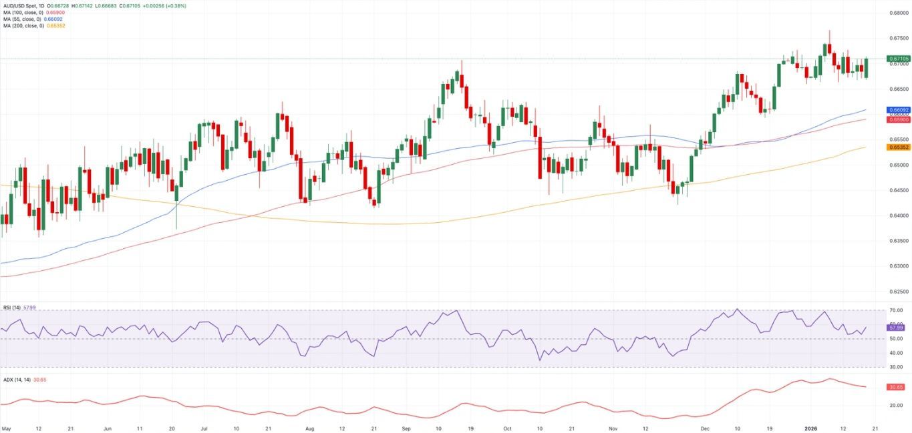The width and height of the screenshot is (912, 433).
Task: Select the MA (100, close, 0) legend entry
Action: (23, 12)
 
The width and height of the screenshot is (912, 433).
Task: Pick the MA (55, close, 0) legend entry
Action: (22, 19)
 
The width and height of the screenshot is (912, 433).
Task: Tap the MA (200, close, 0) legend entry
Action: (23, 25)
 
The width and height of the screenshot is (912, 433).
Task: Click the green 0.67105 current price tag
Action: (897, 59)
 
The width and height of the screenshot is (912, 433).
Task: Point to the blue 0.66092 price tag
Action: (897, 109)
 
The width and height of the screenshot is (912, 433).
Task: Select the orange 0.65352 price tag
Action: (897, 147)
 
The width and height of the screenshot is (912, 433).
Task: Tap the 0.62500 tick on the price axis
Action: (897, 292)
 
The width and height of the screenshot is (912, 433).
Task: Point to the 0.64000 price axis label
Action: (897, 215)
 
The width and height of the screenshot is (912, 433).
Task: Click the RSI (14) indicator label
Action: (11, 308)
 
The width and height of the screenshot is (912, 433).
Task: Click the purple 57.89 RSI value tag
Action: (896, 328)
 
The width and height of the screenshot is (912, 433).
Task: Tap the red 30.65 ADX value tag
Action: (896, 387)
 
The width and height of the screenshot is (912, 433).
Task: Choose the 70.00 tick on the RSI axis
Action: (896, 311)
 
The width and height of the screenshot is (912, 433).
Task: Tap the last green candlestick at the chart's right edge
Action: (867, 67)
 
